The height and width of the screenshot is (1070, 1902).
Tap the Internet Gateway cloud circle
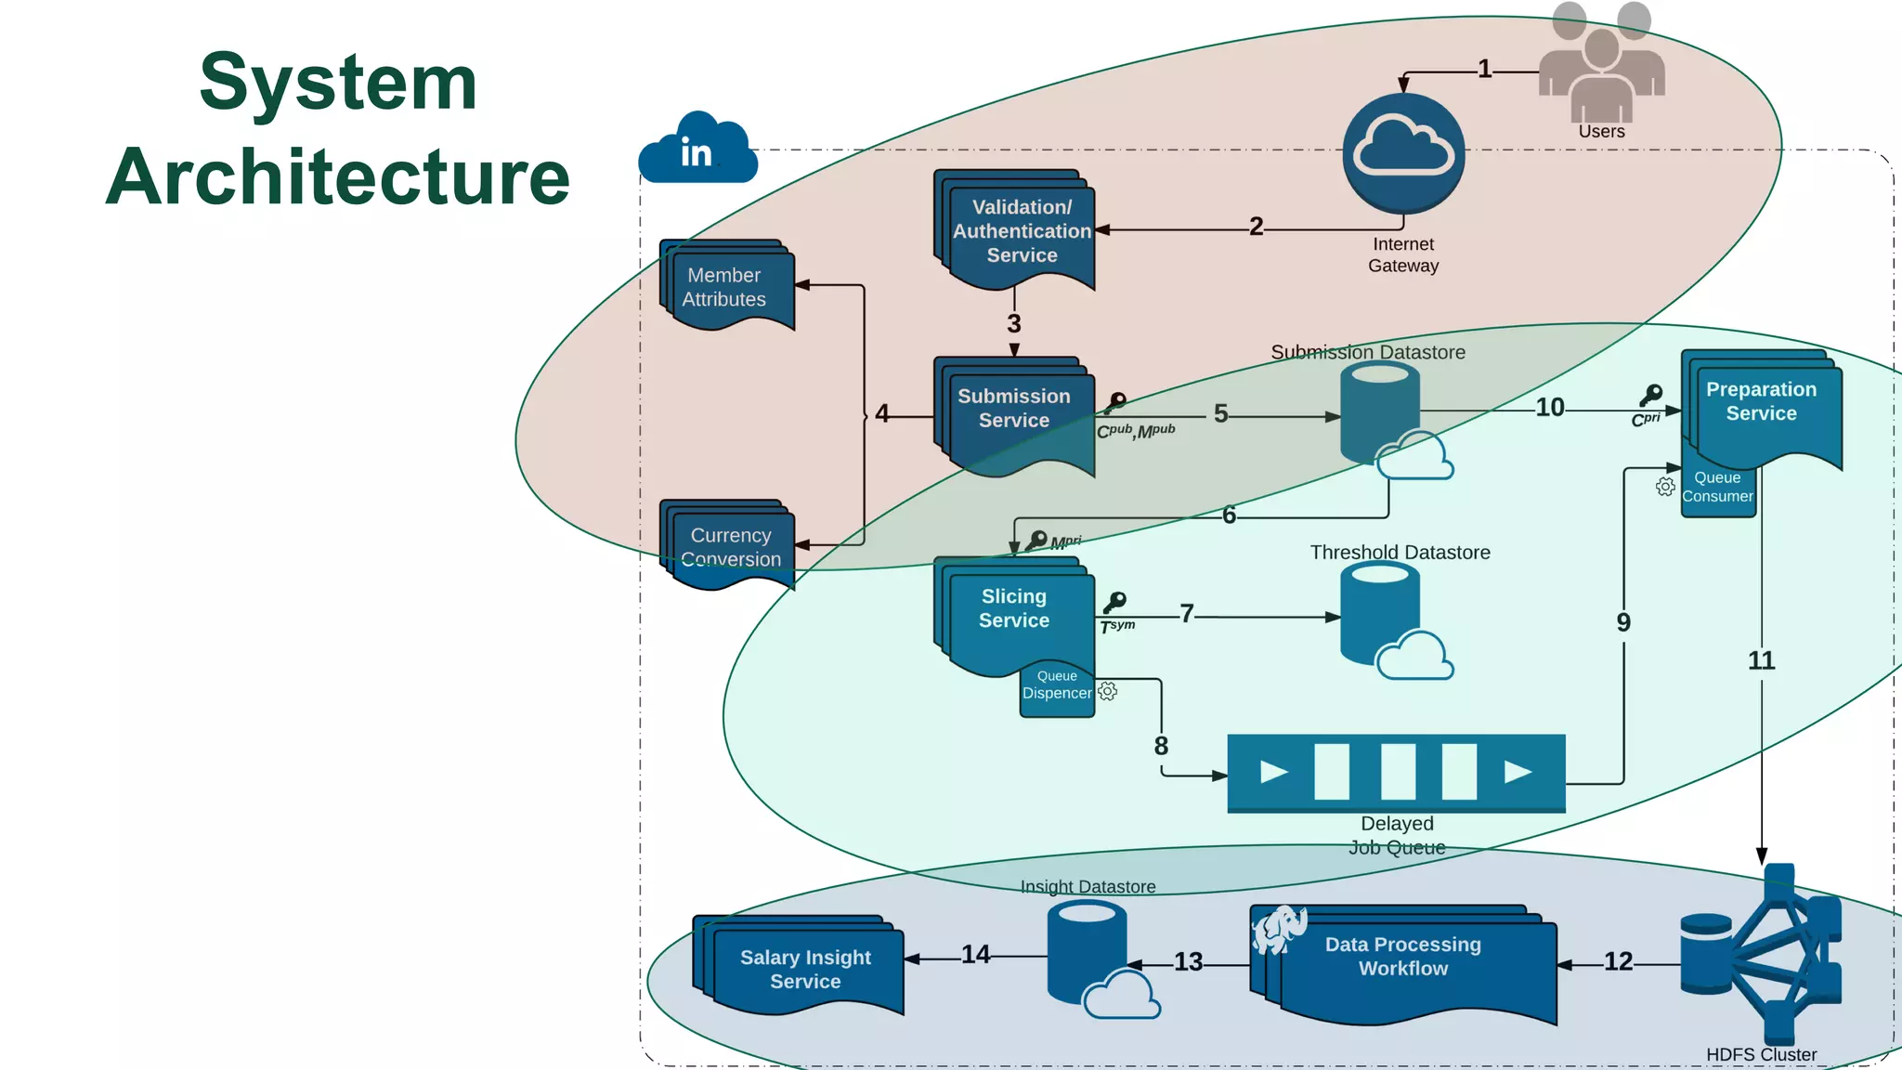click(1403, 153)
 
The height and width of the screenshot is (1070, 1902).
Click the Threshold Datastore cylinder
click(1380, 613)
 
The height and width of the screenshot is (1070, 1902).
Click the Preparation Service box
click(1763, 405)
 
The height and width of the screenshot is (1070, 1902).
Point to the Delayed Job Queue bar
click(1396, 772)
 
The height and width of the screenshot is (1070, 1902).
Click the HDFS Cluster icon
click(1761, 957)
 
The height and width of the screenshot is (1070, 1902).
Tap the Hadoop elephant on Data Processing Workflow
click(1279, 929)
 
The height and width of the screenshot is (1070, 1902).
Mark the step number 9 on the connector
click(1623, 622)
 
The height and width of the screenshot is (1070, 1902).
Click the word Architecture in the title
click(338, 176)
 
